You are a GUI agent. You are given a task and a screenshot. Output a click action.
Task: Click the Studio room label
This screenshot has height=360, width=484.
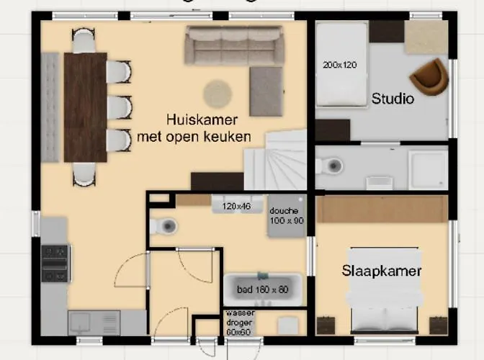coord(393,99)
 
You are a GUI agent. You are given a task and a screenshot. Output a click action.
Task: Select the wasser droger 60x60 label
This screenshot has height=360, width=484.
coord(240,323)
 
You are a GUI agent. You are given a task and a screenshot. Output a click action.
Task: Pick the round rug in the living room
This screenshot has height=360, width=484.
coord(217,94)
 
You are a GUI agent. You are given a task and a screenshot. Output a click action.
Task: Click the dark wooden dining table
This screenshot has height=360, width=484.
coord(85,107)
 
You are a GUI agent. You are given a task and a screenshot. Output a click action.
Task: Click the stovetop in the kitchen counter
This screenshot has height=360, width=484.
coord(55,263)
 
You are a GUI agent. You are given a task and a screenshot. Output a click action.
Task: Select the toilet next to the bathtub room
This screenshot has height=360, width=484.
coord(165,227)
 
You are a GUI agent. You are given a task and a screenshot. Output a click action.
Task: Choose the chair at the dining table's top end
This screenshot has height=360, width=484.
coord(84,40)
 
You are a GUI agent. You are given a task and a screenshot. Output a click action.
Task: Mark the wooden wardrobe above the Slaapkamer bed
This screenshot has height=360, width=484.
coord(382,209)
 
